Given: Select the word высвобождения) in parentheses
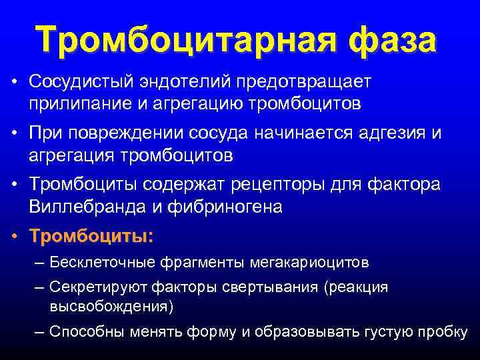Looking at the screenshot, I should (111, 306).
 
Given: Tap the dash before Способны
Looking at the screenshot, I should (39, 331).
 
